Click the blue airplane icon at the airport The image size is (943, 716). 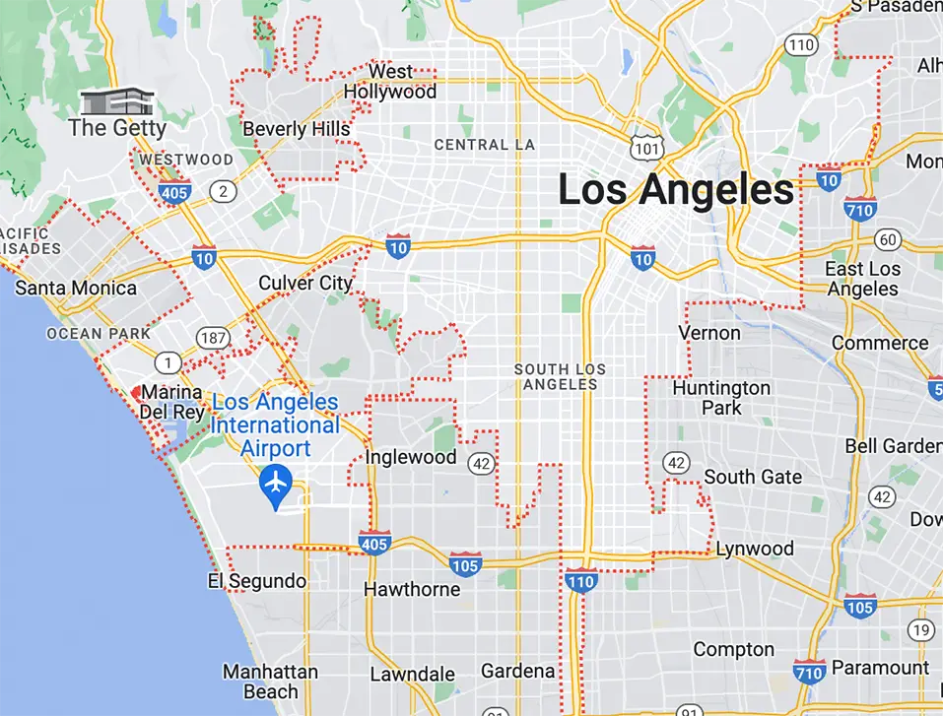276,484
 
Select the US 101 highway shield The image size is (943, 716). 646,148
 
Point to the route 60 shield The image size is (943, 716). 887,239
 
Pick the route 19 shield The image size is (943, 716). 921,630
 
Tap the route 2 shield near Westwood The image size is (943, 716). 225,191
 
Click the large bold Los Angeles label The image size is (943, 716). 676,189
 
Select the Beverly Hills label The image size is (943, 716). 296,129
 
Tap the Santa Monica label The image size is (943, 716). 76,289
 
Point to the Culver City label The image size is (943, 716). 305,284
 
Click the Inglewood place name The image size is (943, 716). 411,458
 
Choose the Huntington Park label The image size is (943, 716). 721,397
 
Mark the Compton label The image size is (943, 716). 733,650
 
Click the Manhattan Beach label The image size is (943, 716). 270,682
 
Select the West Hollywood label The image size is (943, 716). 390,82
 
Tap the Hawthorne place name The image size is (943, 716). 412,590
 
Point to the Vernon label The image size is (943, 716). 709,333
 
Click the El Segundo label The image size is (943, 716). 257,581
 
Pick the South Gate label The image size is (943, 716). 753,478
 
